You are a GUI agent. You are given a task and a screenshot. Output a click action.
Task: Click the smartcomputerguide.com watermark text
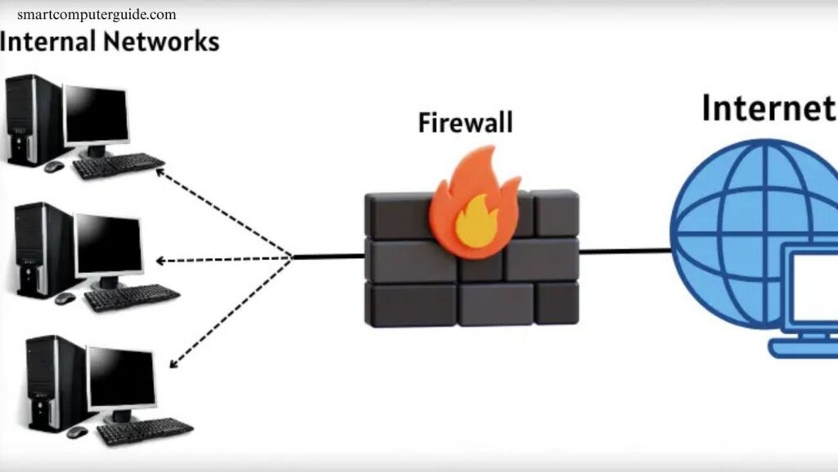[x=97, y=15]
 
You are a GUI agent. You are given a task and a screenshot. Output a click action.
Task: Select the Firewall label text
[x=465, y=123]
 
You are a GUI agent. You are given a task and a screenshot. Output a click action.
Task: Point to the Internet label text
[x=768, y=108]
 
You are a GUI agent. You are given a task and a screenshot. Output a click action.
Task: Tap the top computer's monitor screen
[x=97, y=115]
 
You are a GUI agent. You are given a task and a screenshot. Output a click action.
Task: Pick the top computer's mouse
[x=54, y=166]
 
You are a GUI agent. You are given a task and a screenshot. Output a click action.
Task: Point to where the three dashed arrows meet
[x=292, y=258]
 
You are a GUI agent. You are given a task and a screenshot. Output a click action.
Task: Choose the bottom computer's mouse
[x=77, y=432]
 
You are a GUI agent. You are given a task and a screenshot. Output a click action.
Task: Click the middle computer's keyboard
[x=132, y=297]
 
